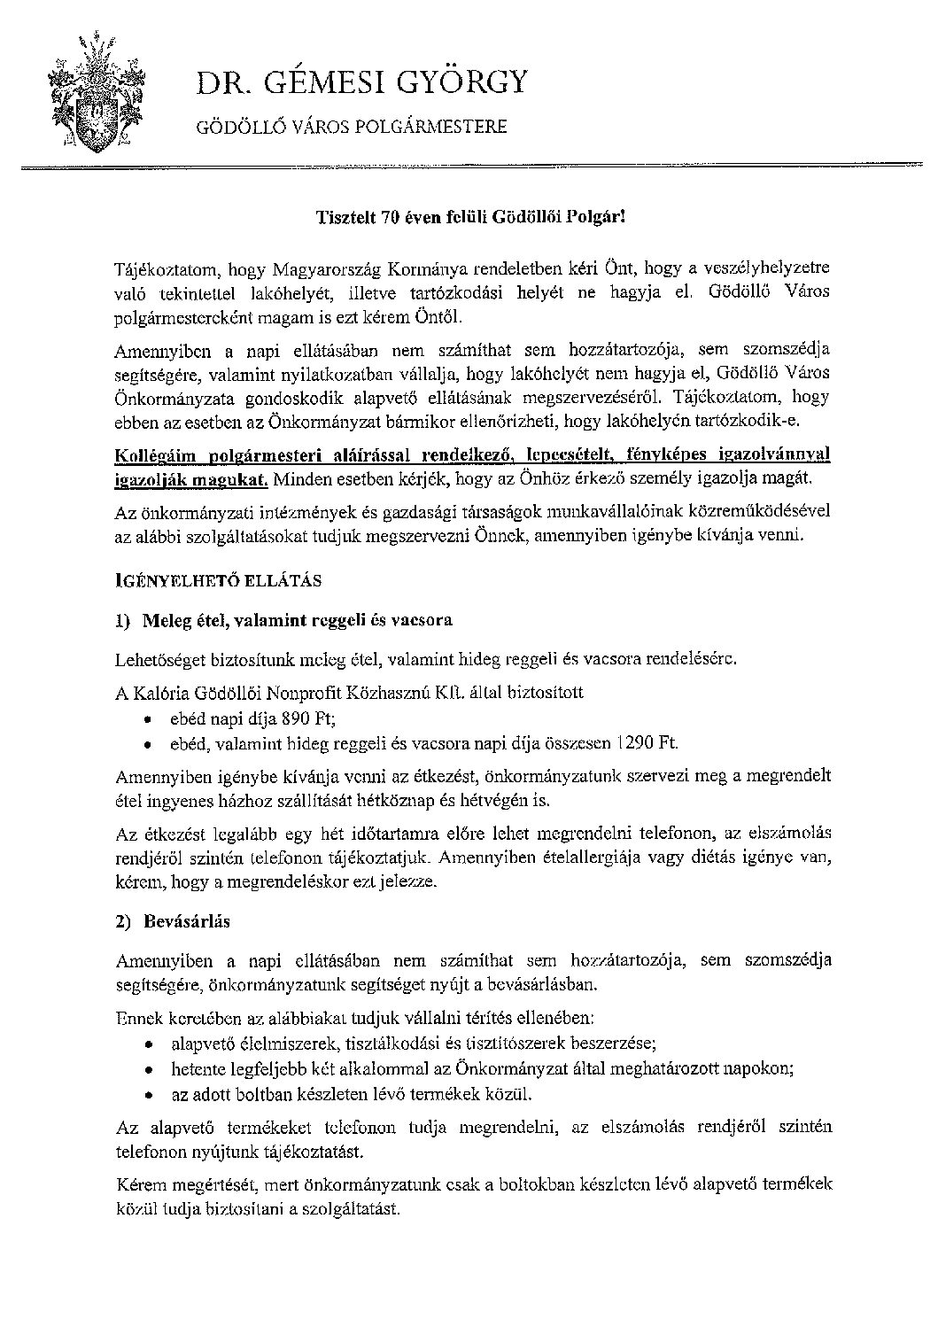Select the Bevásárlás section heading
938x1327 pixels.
click(x=185, y=921)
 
